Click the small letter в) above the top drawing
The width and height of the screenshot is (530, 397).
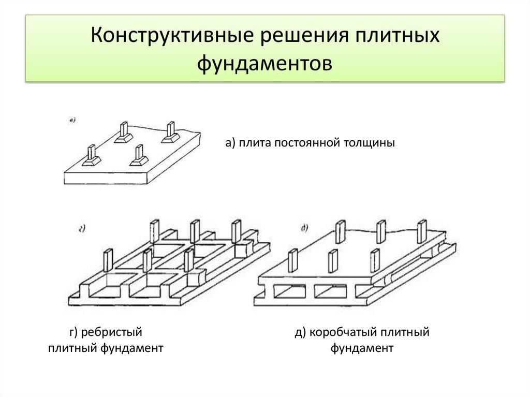(72, 121)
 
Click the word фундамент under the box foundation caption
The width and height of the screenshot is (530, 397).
(362, 348)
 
